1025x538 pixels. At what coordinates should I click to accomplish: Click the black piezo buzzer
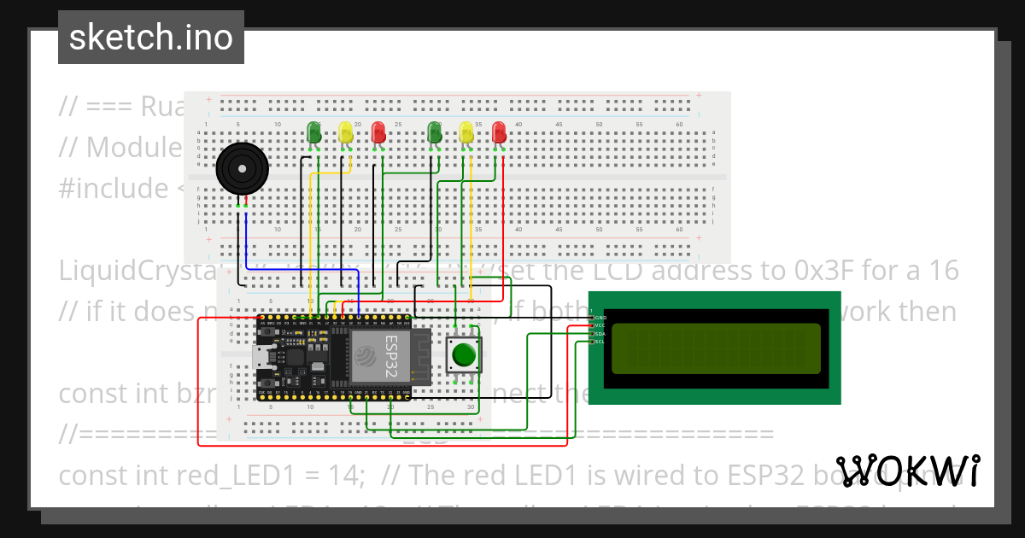(x=241, y=168)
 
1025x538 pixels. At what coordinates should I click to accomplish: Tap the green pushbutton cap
(x=464, y=354)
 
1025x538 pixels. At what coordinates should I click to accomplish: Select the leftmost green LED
(x=313, y=132)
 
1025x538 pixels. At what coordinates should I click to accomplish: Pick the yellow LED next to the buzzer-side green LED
(x=345, y=132)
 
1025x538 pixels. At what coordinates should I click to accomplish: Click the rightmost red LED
(x=499, y=132)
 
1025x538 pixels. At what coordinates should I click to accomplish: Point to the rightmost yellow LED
(x=466, y=132)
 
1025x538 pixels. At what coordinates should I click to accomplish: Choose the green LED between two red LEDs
(x=435, y=132)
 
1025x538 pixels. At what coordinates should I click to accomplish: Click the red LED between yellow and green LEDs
(x=378, y=132)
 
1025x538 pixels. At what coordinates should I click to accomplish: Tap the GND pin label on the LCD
(x=600, y=318)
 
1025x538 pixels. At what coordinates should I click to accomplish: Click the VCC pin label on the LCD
(x=600, y=325)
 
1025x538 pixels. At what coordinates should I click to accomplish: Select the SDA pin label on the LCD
(x=600, y=334)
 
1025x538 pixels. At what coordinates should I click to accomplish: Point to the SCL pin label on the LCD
(x=600, y=342)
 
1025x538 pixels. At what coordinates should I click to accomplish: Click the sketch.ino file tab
(x=151, y=38)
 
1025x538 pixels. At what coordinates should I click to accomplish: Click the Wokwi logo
(x=907, y=471)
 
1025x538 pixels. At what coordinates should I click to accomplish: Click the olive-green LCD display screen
(x=716, y=348)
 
